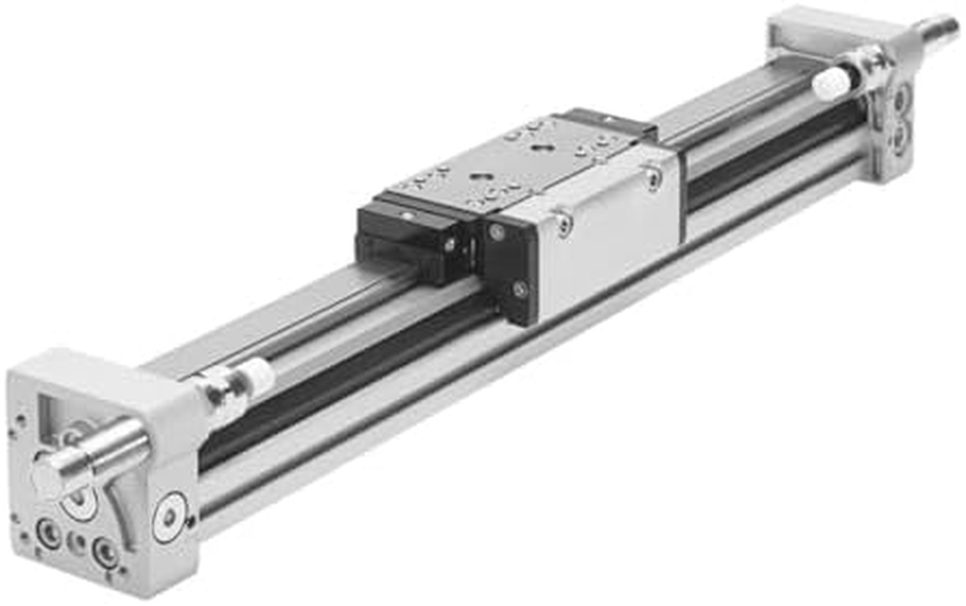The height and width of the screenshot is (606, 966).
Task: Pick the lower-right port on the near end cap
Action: click(x=105, y=551)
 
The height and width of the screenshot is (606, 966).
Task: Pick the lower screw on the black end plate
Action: click(x=519, y=289)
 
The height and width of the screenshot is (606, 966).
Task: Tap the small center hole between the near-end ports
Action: click(x=77, y=542)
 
